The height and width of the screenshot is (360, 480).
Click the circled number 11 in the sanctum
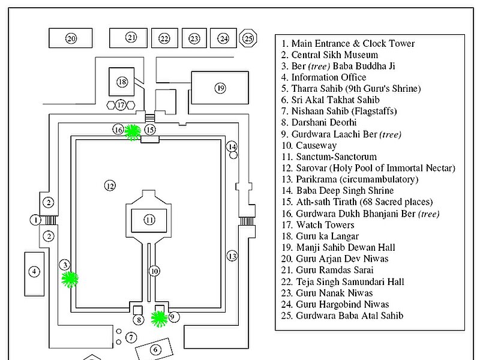point(149,220)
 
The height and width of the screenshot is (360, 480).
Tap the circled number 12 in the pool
point(110,185)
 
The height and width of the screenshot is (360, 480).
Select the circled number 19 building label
point(220,88)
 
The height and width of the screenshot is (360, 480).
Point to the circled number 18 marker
point(122,82)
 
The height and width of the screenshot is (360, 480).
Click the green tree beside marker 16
point(133,132)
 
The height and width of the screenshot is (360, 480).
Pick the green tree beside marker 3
point(70,279)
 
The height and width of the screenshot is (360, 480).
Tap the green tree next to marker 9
point(159,319)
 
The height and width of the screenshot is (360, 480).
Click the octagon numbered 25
point(248,38)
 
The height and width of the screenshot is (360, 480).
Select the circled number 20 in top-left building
point(71,38)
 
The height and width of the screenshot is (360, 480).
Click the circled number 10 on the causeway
point(154,271)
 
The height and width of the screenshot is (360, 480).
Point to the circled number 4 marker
point(34,271)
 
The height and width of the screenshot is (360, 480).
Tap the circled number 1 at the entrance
point(35,220)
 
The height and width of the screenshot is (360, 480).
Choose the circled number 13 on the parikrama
point(232,256)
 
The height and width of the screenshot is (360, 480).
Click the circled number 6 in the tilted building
point(155,349)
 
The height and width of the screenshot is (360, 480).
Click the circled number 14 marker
point(232,146)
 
